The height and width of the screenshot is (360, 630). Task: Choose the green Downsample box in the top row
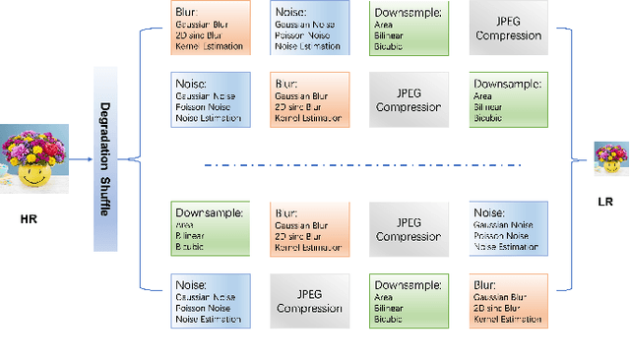[407, 28]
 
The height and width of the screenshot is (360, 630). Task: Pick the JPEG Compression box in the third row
[407, 228]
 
